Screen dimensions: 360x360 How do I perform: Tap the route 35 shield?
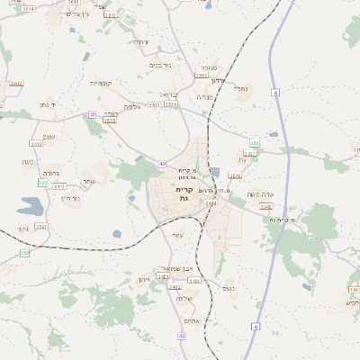(x=92, y=114)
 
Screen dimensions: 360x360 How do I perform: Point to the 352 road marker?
(x=24, y=253)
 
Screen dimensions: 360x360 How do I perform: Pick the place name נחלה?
(x=241, y=88)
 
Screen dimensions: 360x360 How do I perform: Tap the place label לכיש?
(x=351, y=303)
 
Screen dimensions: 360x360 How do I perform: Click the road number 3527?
(x=41, y=227)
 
